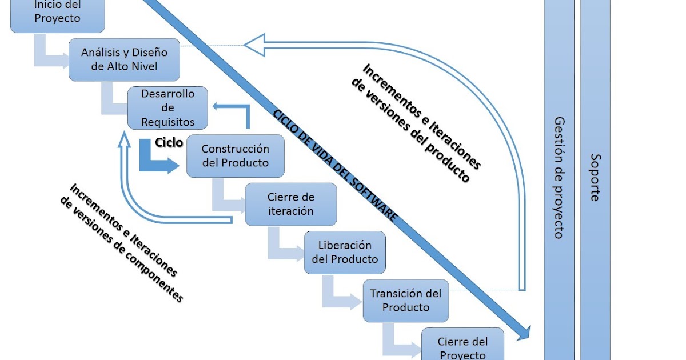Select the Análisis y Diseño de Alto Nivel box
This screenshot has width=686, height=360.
coord(124,59)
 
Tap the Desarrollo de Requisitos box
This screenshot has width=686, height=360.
coord(167,107)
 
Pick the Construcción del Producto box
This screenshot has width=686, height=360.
coord(235,155)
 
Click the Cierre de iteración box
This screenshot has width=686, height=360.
coord(290,204)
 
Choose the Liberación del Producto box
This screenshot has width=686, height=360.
coord(345,252)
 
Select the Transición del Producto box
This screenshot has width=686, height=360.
coord(405,301)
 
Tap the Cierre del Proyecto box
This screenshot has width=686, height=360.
coord(462,347)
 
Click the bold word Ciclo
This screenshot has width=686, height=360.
coord(169,142)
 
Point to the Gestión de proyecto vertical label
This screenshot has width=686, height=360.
coord(559,177)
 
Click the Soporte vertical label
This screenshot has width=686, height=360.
coord(595,177)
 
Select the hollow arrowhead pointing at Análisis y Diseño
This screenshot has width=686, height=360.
coord(254,45)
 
